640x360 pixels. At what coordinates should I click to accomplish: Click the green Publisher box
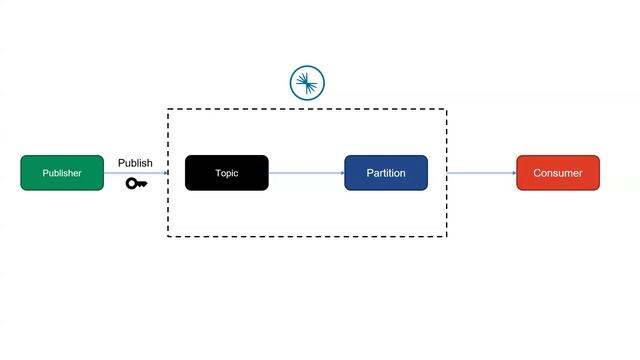click(x=62, y=173)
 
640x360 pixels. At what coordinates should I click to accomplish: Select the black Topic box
click(x=227, y=173)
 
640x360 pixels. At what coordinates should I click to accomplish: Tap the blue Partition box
click(x=386, y=173)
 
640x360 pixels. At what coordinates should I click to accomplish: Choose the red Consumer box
click(x=558, y=173)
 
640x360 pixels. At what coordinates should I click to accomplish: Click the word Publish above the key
click(x=135, y=163)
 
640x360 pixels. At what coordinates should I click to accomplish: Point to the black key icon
click(x=136, y=183)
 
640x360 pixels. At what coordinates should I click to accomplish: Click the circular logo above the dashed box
click(x=307, y=83)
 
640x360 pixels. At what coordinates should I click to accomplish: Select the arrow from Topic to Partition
click(x=306, y=173)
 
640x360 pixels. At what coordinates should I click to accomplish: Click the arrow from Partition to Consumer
click(x=481, y=173)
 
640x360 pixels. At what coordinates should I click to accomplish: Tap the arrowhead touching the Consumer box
click(x=513, y=173)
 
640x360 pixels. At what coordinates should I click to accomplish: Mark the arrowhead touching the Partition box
click(x=341, y=173)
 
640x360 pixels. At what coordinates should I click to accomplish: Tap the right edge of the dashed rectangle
click(x=446, y=210)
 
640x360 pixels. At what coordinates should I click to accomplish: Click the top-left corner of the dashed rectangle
click(x=167, y=110)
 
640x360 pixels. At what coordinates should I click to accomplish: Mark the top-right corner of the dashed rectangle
click(x=446, y=110)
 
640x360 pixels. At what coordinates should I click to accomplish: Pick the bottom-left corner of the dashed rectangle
click(x=167, y=236)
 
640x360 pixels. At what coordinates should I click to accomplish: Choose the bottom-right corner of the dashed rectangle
click(x=446, y=236)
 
